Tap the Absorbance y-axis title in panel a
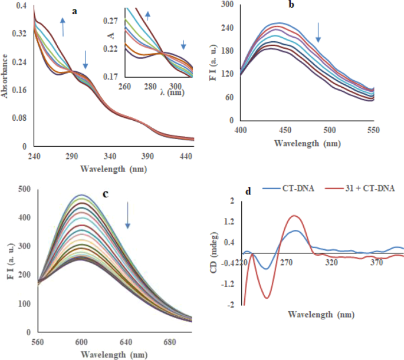6,76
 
